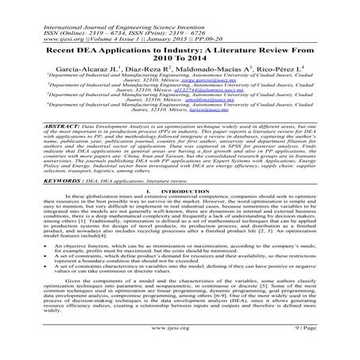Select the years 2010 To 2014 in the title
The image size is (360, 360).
pyautogui.click(x=179, y=52)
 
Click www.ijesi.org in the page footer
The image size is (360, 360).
pyautogui.click(x=180, y=346)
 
